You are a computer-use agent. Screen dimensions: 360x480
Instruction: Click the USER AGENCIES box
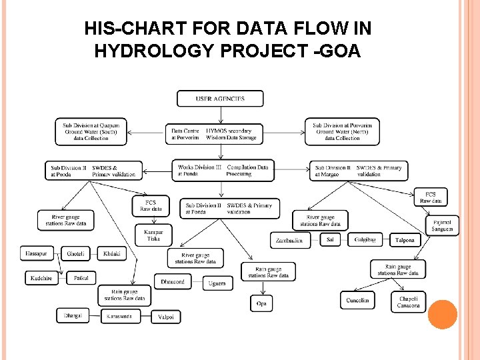pyautogui.click(x=220, y=99)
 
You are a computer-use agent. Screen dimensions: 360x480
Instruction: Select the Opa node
pyautogui.click(x=261, y=303)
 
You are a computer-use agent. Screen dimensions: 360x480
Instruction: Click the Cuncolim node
pyautogui.click(x=357, y=301)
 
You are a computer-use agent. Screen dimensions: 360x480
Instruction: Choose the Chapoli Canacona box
pyautogui.click(x=409, y=301)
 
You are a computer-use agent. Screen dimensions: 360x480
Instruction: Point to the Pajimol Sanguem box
pyautogui.click(x=442, y=225)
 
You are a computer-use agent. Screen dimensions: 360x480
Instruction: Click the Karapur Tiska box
pyautogui.click(x=153, y=235)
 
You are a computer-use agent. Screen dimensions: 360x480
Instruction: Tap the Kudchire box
pyautogui.click(x=42, y=277)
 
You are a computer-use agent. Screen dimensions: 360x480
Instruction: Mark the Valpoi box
pyautogui.click(x=166, y=317)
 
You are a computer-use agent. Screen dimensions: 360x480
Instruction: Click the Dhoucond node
pyautogui.click(x=173, y=282)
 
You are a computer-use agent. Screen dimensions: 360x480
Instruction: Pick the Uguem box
pyautogui.click(x=217, y=283)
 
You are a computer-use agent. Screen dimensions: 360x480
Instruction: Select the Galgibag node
pyautogui.click(x=365, y=239)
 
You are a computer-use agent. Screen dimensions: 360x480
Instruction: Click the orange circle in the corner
pyautogui.click(x=443, y=315)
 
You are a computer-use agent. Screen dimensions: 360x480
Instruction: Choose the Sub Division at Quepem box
pyautogui.click(x=91, y=131)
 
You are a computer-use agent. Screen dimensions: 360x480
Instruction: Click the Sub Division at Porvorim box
pyautogui.click(x=342, y=131)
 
